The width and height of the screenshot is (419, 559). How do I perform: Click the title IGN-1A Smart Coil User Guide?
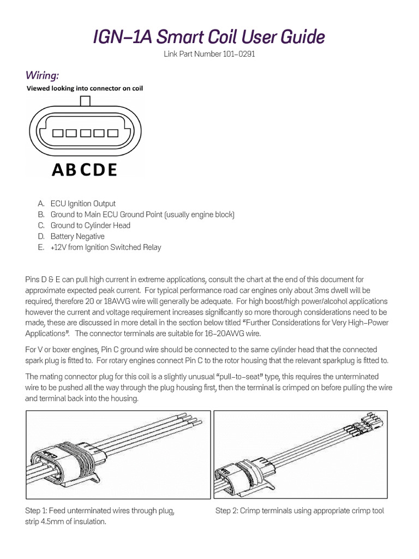pyautogui.click(x=209, y=37)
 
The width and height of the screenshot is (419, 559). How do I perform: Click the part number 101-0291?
pyautogui.click(x=209, y=55)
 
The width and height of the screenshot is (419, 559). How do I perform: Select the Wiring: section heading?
pyautogui.click(x=43, y=74)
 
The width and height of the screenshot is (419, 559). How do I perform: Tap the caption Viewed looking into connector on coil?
pyautogui.click(x=85, y=88)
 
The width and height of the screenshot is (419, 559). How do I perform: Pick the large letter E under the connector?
pyautogui.click(x=112, y=170)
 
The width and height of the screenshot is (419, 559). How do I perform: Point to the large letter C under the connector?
pyautogui.click(x=85, y=170)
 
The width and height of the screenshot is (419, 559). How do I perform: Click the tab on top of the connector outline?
pyautogui.click(x=86, y=101)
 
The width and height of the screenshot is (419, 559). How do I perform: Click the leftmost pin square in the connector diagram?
pyautogui.click(x=57, y=133)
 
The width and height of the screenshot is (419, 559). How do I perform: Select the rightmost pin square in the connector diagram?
pyautogui.click(x=113, y=133)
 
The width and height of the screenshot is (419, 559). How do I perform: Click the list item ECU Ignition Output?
pyautogui.click(x=83, y=204)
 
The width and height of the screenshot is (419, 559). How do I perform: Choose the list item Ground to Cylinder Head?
pyautogui.click(x=90, y=225)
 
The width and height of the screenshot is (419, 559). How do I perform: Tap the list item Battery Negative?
pyautogui.click(x=77, y=236)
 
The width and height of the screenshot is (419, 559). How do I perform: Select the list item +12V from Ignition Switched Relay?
pyautogui.click(x=106, y=247)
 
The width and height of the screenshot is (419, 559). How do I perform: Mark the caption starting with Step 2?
pyautogui.click(x=300, y=510)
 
